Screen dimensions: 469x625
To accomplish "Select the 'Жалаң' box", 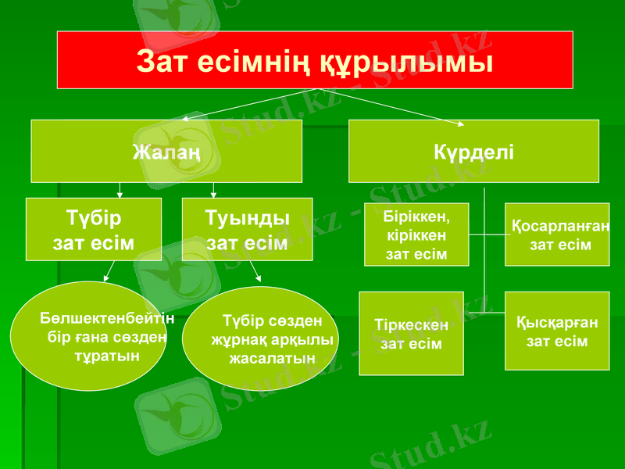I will click(x=166, y=151).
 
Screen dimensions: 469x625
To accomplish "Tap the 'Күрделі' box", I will click(x=473, y=151).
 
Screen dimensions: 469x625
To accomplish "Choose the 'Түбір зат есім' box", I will click(x=93, y=229).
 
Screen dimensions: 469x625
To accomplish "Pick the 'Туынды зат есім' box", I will click(x=247, y=229).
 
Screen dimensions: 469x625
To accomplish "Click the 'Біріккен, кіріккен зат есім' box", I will click(x=416, y=234).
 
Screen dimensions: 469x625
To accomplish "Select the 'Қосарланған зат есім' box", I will click(x=557, y=234).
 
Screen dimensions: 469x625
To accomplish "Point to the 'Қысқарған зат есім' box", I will click(x=557, y=331).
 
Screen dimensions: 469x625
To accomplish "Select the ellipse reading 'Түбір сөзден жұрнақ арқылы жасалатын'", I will click(x=259, y=338).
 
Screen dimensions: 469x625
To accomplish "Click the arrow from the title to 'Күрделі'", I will click(x=391, y=107).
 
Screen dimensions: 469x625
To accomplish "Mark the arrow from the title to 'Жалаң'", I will click(x=242, y=106).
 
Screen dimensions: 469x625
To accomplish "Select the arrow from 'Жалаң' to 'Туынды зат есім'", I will click(x=213, y=190).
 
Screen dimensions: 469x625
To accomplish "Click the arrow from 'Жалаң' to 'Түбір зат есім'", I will click(x=119, y=190).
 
